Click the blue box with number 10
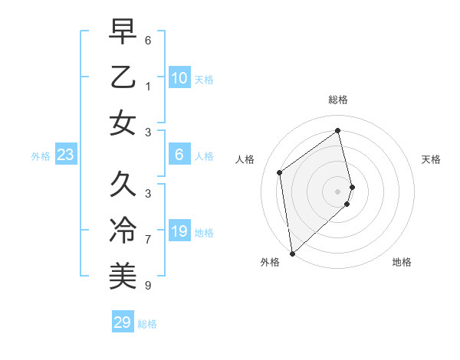[179, 77]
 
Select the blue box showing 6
[179, 155]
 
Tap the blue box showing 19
[179, 231]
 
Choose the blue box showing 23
[66, 155]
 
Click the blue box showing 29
[123, 322]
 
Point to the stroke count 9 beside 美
[148, 286]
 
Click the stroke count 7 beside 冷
[148, 240]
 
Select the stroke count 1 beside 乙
[148, 87]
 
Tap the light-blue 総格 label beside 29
[147, 324]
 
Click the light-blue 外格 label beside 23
[41, 156]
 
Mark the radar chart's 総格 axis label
[338, 100]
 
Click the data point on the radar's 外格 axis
[292, 253]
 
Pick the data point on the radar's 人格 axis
[280, 172]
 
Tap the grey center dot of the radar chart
[338, 191]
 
